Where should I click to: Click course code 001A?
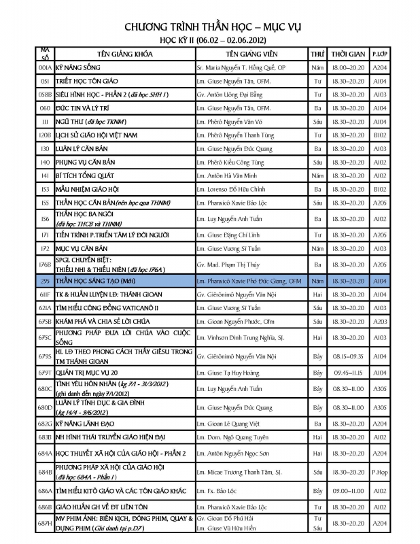point(45,67)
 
